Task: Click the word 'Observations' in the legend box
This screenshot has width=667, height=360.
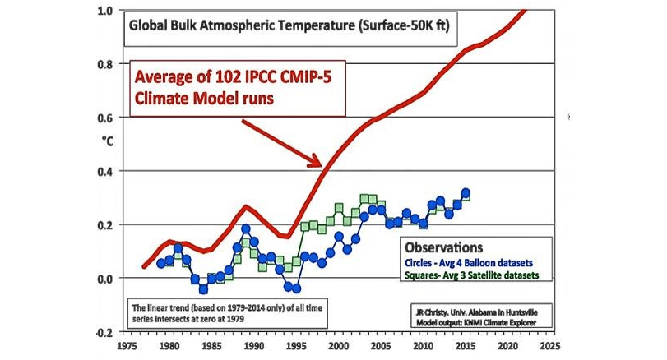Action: click(x=443, y=247)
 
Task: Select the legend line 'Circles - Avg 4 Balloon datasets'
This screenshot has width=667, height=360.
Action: click(x=467, y=262)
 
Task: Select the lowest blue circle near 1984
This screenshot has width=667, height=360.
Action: click(x=203, y=289)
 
